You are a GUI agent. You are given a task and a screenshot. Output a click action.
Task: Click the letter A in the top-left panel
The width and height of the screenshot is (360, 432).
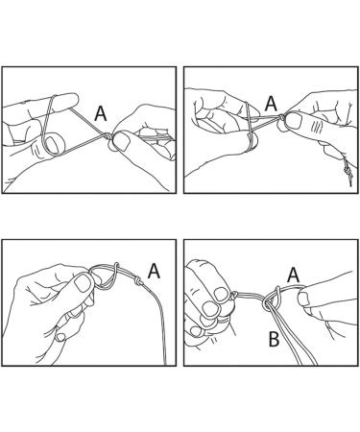[101, 113]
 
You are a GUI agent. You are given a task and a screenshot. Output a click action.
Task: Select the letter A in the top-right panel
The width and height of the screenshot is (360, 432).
[271, 103]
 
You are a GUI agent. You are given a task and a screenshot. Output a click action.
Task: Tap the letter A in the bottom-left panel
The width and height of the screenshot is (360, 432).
[154, 271]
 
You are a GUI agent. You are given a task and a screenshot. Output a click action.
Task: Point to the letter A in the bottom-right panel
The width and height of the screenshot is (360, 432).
[294, 276]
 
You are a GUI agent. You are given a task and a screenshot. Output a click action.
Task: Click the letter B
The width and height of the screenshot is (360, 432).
[274, 340]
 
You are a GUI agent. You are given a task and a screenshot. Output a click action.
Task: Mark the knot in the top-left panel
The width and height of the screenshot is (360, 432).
[108, 136]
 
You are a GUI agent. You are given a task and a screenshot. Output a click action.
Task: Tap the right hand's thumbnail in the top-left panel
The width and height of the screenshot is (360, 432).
[121, 142]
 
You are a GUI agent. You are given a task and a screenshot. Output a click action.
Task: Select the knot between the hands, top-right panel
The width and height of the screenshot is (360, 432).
[281, 117]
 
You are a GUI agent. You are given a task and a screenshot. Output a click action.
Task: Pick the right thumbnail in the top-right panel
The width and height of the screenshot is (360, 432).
[295, 120]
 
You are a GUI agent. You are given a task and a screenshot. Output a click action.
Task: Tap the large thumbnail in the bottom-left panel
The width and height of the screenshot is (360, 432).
[83, 283]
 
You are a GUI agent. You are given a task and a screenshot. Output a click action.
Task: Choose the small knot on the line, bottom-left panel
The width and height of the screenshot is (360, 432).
[138, 281]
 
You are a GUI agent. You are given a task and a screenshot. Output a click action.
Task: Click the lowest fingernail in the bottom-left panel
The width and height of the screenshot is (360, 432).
[60, 337]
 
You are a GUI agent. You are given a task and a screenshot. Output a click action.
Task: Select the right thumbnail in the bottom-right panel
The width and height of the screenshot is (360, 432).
[303, 300]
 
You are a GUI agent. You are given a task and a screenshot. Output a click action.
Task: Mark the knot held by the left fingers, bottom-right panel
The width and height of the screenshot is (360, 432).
[234, 295]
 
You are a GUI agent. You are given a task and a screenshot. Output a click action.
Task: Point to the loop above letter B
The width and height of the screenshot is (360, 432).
[272, 300]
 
